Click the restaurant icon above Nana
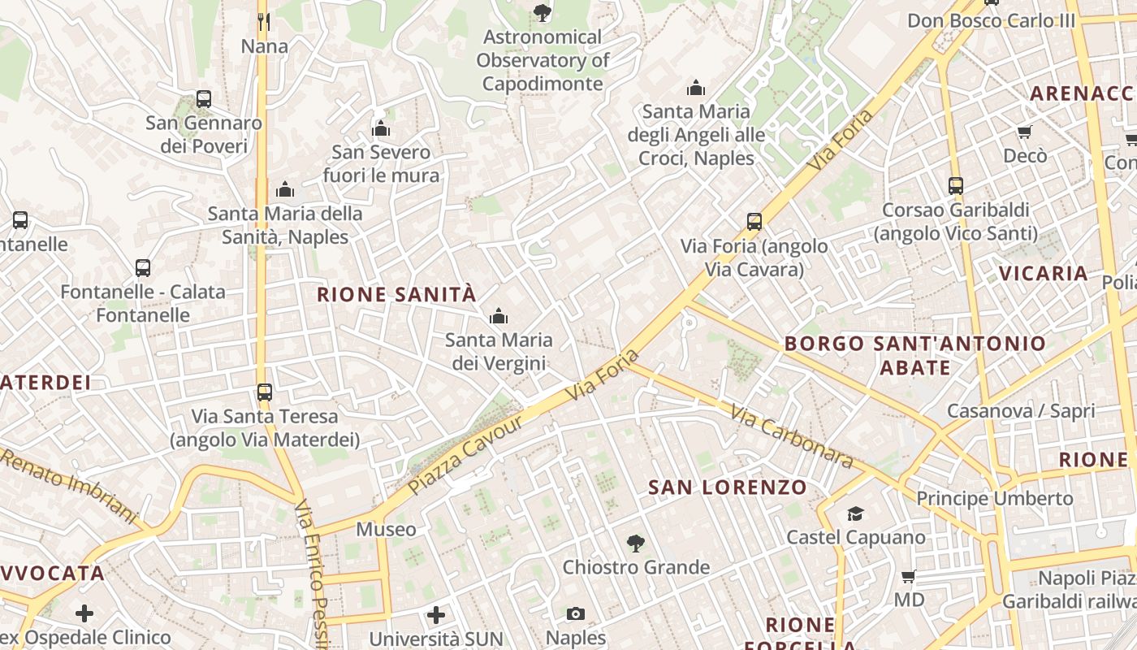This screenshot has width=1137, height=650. coord(263,21)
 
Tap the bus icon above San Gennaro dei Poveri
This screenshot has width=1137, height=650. coord(204,99)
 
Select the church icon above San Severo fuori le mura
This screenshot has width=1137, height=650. coord(381,128)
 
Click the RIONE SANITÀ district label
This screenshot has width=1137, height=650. coord(396,295)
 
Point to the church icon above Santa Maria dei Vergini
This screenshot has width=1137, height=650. coord(499,316)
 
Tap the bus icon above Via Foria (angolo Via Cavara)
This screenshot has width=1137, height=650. coord(754,221)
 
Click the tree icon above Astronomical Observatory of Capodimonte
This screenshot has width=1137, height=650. coord(542,12)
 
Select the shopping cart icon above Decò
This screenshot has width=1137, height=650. coord(1025,132)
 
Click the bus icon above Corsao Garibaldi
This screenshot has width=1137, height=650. coord(956,185)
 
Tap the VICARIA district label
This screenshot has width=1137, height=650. coord(1044,273)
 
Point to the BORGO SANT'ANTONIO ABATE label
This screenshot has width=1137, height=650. coord(915,356)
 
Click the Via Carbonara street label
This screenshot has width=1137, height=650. coord(792,437)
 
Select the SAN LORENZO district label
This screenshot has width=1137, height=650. coord(728,487)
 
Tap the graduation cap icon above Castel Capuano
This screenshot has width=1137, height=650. coord(855,513)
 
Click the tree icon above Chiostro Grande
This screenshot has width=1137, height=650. coord(636,543)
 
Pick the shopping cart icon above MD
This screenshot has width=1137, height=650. coord(909,576)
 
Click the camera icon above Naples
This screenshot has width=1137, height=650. coord(576,613)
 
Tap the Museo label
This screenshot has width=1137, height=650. coord(386,530)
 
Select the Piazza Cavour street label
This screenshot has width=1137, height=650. coord(465,457)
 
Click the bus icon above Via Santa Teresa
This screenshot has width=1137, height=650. coord(264,392)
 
